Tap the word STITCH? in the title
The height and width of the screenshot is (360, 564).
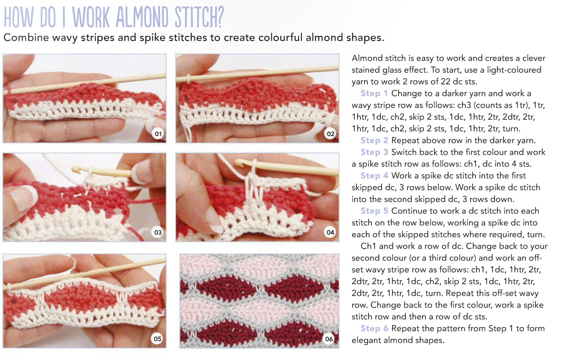pos(199,17)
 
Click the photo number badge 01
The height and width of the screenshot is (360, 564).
pos(158,134)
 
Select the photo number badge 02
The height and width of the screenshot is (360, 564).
pos(331,134)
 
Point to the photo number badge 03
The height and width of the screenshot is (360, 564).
pos(158,232)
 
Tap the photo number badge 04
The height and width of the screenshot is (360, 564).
pos(331,232)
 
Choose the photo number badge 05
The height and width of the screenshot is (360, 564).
pos(158,339)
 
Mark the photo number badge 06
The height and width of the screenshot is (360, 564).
pos(329,339)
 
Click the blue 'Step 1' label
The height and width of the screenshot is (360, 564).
pos(374,93)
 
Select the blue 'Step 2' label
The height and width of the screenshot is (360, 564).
pos(374,141)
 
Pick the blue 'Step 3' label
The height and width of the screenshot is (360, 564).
pos(374,152)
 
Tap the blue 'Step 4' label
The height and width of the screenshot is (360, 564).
pos(374,176)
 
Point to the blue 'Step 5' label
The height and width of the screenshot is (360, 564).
pos(374,211)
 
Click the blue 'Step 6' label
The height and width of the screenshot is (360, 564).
pos(374,329)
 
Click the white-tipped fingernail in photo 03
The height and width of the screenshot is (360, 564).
pos(24,197)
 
